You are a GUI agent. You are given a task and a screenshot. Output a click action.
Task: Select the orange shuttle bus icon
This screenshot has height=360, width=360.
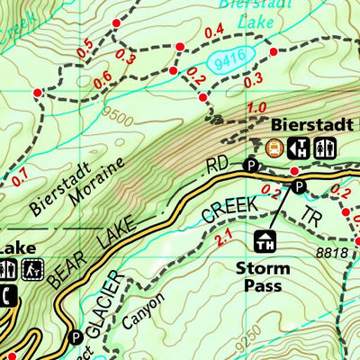tap(274, 148)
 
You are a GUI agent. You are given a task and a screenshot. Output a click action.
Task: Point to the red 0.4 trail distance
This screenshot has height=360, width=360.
tap(214, 32)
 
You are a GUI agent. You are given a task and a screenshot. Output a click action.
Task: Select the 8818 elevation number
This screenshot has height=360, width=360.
tap(333, 254)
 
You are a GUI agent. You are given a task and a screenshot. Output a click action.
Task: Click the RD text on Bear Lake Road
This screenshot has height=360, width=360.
tap(218, 167)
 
